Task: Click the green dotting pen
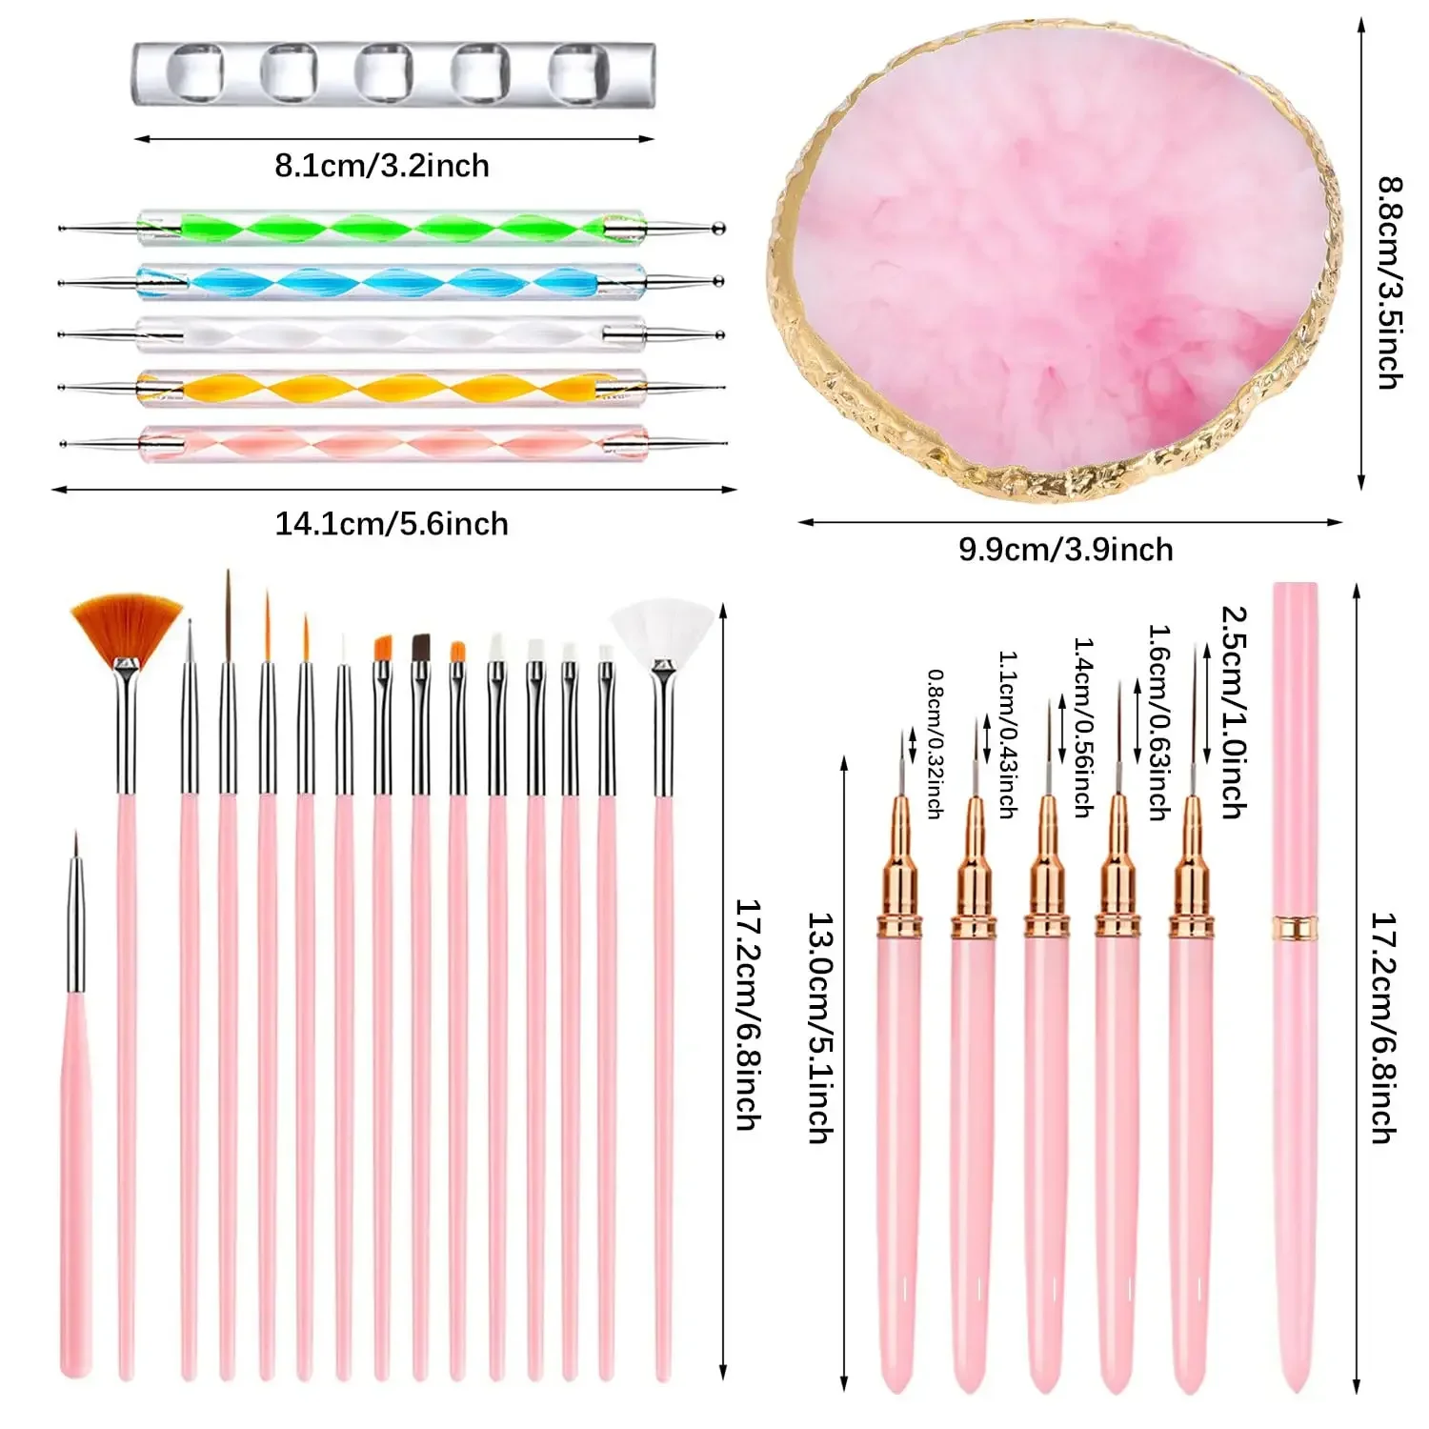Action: pyautogui.click(x=391, y=229)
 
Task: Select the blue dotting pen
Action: pyautogui.click(x=391, y=282)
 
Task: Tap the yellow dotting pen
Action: pyautogui.click(x=391, y=387)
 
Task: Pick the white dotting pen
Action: pyautogui.click(x=391, y=334)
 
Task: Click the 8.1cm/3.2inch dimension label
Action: pyautogui.click(x=382, y=166)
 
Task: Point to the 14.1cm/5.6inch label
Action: pyautogui.click(x=392, y=524)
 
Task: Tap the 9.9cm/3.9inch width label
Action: pyautogui.click(x=1065, y=550)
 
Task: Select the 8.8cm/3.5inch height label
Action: pyautogui.click(x=1390, y=282)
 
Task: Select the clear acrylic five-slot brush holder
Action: pyautogui.click(x=392, y=74)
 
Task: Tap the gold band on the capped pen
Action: pyautogui.click(x=1295, y=925)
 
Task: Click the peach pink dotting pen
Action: pyautogui.click(x=391, y=444)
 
